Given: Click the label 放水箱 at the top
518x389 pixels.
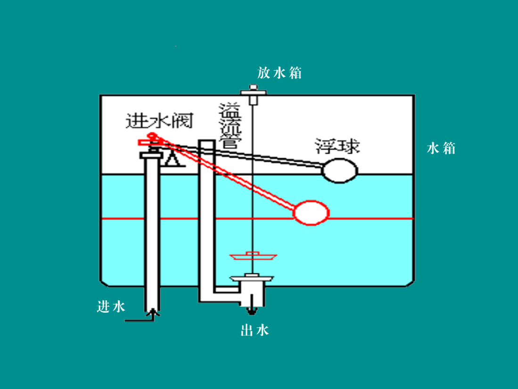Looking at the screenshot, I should [279, 73].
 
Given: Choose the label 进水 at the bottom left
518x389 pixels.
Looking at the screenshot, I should [111, 307].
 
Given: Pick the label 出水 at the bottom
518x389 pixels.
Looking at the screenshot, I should [255, 330].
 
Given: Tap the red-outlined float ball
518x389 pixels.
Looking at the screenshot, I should [311, 212].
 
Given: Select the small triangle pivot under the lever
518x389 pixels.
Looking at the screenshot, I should [172, 161].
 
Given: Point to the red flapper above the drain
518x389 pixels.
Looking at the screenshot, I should [253, 256].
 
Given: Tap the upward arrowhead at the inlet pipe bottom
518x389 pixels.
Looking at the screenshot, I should [154, 311].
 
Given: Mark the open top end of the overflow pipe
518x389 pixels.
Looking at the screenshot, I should [206, 141].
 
